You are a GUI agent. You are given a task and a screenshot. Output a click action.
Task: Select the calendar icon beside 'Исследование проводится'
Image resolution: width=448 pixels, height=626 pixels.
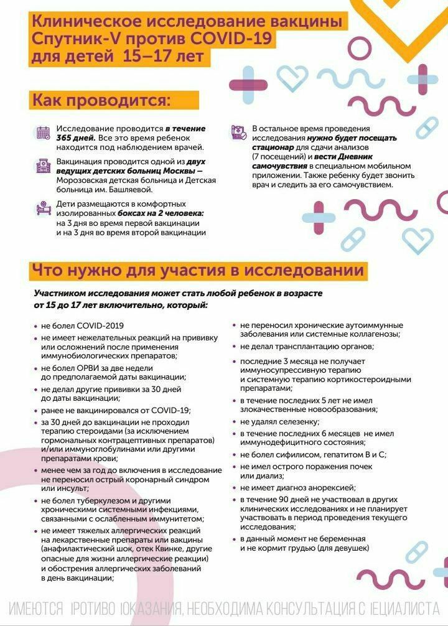click(43, 132)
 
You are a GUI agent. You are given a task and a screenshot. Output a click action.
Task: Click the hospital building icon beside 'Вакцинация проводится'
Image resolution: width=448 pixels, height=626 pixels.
click(43, 166)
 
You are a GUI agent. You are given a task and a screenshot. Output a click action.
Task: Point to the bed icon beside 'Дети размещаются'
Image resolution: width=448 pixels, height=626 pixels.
click(43, 208)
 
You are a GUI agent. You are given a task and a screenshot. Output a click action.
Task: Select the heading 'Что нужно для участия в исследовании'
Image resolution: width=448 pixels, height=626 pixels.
click(197, 271)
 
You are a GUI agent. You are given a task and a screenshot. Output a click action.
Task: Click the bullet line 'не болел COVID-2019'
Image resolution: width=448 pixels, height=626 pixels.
click(82, 325)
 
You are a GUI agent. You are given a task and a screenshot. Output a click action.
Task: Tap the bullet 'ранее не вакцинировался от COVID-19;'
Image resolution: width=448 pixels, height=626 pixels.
click(116, 410)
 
